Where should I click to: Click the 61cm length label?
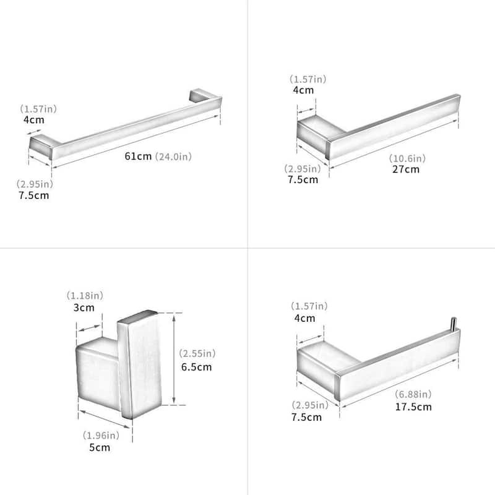click(x=138, y=157)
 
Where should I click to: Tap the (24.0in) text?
click(x=173, y=157)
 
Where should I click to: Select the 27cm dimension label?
click(x=406, y=169)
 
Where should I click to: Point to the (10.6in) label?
click(x=407, y=158)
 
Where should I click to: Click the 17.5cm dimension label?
click(x=413, y=407)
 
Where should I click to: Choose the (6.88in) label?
click(x=413, y=394)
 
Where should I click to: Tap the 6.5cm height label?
click(x=196, y=367)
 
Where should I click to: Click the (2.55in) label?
click(x=197, y=353)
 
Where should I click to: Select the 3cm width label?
click(x=84, y=308)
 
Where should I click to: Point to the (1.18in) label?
click(x=85, y=296)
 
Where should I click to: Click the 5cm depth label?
click(x=100, y=447)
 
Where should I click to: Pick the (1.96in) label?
click(x=101, y=436)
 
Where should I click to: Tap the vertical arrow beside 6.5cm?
click(x=174, y=359)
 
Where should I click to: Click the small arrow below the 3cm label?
click(x=89, y=329)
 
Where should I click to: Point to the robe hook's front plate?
click(x=140, y=364)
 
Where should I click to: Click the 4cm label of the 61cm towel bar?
click(x=34, y=120)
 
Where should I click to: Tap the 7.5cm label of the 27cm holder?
click(x=303, y=179)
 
